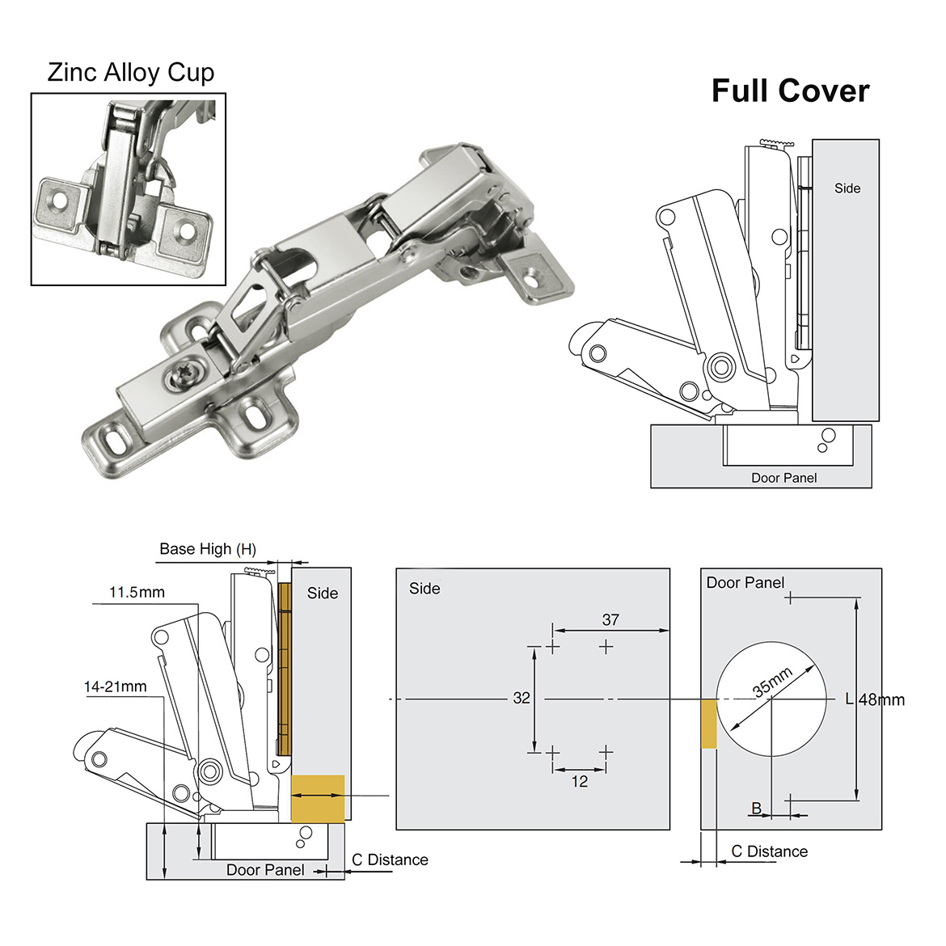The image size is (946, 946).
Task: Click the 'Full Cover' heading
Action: pyautogui.click(x=790, y=91)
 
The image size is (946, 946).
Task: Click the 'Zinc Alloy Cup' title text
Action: pyautogui.click(x=131, y=72)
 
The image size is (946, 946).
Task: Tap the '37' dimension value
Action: pyautogui.click(x=610, y=619)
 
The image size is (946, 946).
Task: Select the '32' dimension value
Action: pyautogui.click(x=522, y=698)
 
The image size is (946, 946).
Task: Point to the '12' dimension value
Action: pyautogui.click(x=579, y=781)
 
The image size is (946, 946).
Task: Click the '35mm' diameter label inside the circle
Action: pyautogui.click(x=772, y=682)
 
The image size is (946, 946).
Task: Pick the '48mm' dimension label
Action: pyautogui.click(x=881, y=699)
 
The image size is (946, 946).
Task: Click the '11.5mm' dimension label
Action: pyautogui.click(x=137, y=593)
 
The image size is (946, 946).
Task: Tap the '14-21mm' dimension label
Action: pyautogui.click(x=116, y=686)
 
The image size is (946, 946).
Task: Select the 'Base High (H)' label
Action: pyautogui.click(x=208, y=549)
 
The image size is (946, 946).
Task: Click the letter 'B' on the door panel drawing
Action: pyautogui.click(x=757, y=808)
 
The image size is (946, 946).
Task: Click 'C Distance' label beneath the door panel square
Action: pyautogui.click(x=769, y=851)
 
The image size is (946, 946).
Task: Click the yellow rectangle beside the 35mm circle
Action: pyautogui.click(x=708, y=724)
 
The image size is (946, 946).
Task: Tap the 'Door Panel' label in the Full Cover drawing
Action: pyautogui.click(x=783, y=478)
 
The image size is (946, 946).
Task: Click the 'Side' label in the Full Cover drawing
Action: pyautogui.click(x=847, y=188)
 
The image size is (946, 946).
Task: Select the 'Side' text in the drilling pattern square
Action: pyautogui.click(x=424, y=589)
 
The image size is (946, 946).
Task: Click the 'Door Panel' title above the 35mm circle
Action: pyautogui.click(x=745, y=582)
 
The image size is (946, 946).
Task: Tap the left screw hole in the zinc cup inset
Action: pyautogui.click(x=58, y=196)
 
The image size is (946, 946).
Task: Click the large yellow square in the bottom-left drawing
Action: pyautogui.click(x=317, y=798)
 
